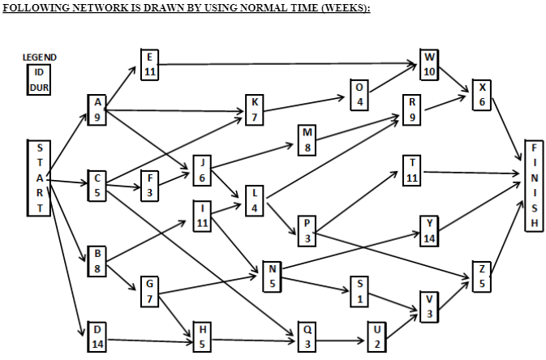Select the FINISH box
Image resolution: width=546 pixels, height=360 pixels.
pyautogui.click(x=531, y=187)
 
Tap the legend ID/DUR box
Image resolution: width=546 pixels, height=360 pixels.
pyautogui.click(x=39, y=79)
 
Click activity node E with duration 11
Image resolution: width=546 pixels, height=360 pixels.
pyautogui.click(x=149, y=64)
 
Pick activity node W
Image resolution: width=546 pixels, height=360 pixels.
pyautogui.click(x=430, y=65)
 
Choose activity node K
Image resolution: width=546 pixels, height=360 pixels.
pyautogui.click(x=255, y=110)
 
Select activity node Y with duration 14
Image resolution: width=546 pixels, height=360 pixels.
pyautogui.click(x=430, y=230)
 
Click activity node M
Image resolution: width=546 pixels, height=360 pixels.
pyautogui.click(x=307, y=139)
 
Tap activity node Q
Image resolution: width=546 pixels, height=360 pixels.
pyautogui.click(x=307, y=336)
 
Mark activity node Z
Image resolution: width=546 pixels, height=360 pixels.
pyautogui.click(x=482, y=276)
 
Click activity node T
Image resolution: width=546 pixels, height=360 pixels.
pyautogui.click(x=413, y=170)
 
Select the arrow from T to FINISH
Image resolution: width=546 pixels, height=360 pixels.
pyautogui.click(x=471, y=172)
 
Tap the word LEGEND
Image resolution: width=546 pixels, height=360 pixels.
pyautogui.click(x=39, y=57)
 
